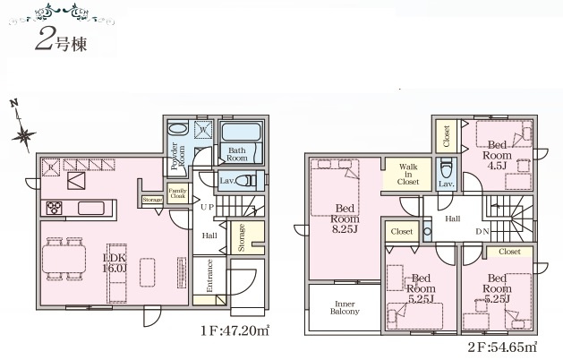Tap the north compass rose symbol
pos(23,133)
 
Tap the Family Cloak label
pos(177,194)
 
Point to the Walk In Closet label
pos(407,174)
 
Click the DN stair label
pos(482,230)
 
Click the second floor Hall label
pos(453,218)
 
